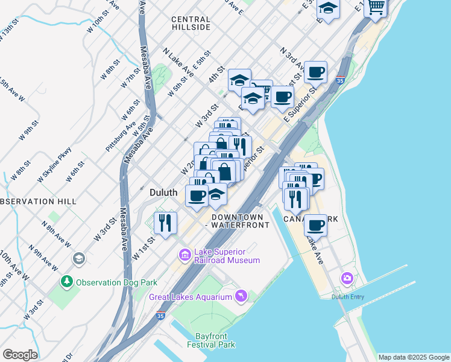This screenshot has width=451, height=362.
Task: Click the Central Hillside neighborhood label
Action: pos(191,24)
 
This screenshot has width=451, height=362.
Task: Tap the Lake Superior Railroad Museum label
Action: pos(226,256)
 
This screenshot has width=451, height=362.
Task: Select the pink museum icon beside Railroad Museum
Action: pos(184,256)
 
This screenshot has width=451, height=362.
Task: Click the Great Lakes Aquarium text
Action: pos(191,297)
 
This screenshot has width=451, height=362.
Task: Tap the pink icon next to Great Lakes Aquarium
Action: pos(241,295)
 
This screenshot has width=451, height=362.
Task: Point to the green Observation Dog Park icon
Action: pos(66,282)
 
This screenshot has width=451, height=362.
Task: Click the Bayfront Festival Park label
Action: pos(215,341)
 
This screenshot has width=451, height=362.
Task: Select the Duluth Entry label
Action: pos(348,296)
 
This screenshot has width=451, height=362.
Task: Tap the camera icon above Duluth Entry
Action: pos(347,278)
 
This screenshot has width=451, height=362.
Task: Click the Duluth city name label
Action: pos(163,192)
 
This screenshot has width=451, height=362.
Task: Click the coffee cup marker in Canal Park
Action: pos(315,226)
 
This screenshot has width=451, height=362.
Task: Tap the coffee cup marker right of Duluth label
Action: pos(197,195)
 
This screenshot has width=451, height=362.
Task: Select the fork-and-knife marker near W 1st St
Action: pos(165,223)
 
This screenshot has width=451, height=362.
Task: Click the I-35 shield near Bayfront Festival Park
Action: pos(160,315)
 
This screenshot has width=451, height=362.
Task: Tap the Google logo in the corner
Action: pos(20,355)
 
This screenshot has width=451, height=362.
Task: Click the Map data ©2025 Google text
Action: pos(413,357)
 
